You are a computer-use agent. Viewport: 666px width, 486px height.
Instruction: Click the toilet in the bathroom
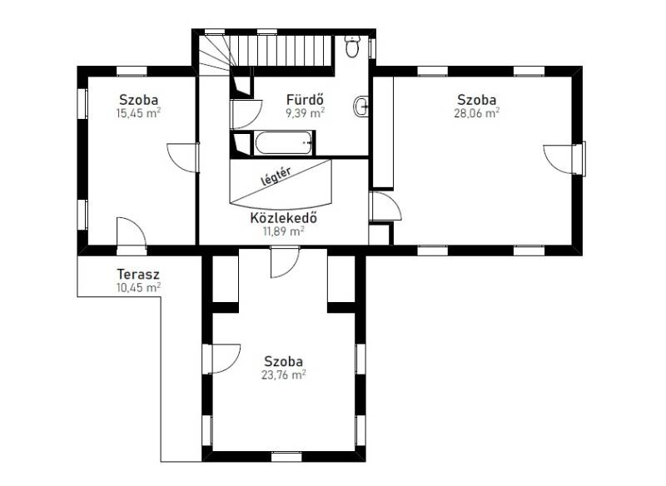click(352, 46)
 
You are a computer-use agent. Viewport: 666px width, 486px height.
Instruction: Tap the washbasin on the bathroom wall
click(360, 107)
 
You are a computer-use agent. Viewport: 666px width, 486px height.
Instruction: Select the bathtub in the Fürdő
click(284, 143)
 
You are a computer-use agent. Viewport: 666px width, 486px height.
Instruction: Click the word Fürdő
click(306, 100)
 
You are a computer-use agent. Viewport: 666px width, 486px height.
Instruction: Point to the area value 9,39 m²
click(306, 113)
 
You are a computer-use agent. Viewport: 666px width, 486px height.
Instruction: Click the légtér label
click(276, 176)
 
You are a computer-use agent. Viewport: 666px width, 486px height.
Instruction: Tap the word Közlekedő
click(283, 218)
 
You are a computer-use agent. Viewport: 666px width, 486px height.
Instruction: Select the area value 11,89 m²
click(283, 231)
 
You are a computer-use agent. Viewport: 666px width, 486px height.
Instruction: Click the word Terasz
click(138, 274)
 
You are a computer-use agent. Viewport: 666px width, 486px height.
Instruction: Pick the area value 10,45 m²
click(138, 288)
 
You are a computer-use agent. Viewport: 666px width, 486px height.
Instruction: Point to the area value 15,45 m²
click(138, 113)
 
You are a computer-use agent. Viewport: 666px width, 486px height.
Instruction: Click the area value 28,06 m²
click(476, 113)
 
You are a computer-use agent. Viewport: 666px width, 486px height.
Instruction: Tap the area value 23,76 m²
click(283, 375)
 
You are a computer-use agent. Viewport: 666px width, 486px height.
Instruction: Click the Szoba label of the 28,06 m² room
click(476, 100)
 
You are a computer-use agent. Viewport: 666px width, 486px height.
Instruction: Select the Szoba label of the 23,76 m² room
click(283, 362)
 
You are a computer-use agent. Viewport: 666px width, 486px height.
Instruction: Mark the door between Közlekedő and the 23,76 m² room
click(285, 262)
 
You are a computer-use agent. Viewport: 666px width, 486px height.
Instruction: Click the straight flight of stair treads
click(281, 51)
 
